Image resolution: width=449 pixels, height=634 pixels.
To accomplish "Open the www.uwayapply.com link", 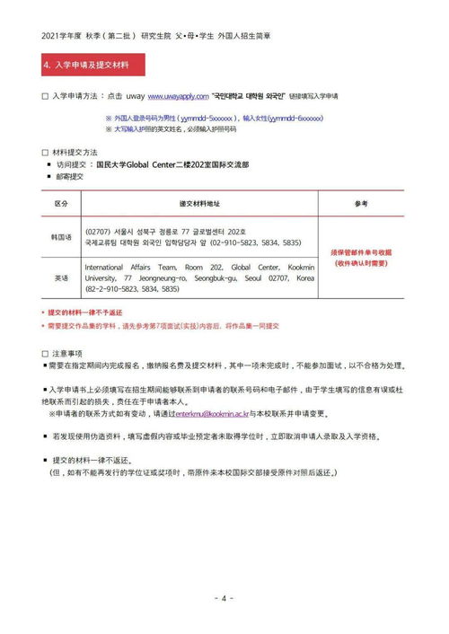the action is tap(177, 94).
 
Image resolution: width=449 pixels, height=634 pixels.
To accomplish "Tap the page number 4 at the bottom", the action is tap(224, 597).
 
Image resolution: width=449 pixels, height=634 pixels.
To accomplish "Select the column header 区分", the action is tap(60, 205).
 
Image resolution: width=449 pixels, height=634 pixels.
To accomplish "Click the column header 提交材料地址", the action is tap(198, 205).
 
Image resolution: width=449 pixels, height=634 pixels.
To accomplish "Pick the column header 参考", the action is tap(361, 205).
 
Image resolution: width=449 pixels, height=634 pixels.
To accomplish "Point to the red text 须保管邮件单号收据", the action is tap(361, 252).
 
